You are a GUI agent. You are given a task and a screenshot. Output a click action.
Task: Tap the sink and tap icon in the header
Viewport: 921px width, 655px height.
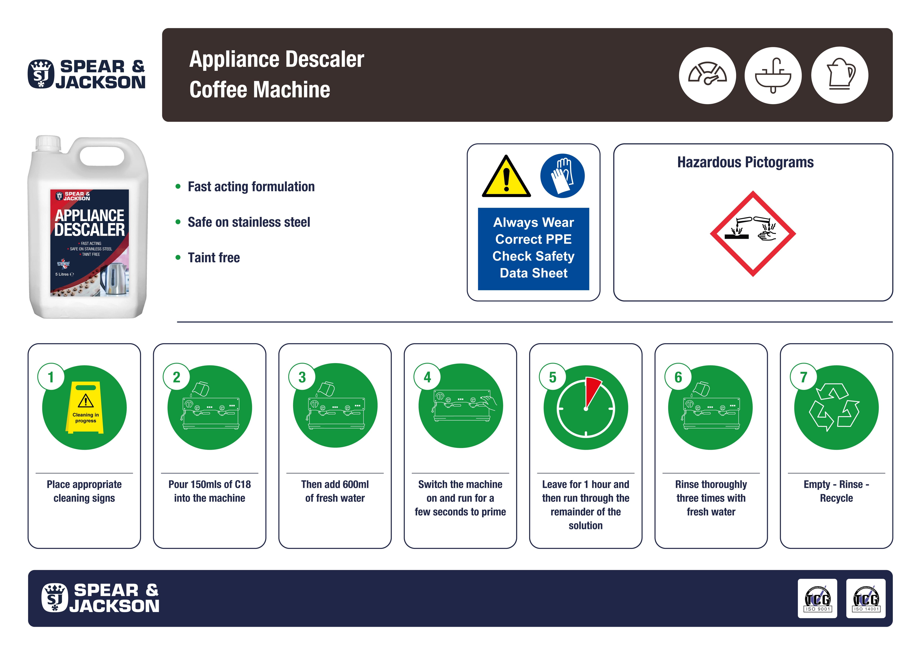(x=773, y=75)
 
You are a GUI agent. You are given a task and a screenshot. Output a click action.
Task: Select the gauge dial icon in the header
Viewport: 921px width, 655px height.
(x=707, y=75)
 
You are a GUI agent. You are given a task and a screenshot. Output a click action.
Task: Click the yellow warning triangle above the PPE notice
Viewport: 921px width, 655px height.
(x=506, y=178)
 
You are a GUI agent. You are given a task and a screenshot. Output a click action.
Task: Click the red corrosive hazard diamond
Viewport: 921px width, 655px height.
(x=752, y=234)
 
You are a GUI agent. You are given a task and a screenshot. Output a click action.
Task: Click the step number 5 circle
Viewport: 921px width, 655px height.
(x=552, y=377)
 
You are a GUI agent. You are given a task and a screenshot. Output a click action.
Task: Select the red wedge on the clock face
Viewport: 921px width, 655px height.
(x=592, y=390)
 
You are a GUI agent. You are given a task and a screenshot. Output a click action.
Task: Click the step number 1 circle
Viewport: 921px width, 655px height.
(x=51, y=377)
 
